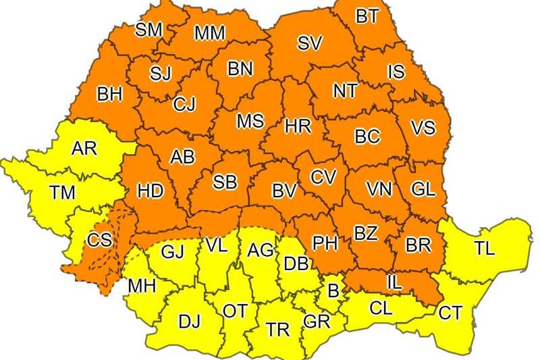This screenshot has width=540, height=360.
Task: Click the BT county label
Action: [x=367, y=17]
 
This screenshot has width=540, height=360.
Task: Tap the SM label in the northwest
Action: [x=149, y=29]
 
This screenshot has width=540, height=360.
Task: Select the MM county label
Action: [x=209, y=33]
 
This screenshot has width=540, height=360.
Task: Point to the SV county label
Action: [x=310, y=43]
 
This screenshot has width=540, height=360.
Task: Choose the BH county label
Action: [x=110, y=94]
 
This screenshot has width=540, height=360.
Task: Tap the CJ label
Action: [x=184, y=105]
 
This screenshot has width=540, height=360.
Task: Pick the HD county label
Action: [x=151, y=191]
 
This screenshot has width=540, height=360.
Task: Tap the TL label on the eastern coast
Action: [x=484, y=248]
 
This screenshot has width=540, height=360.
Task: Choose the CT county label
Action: [x=450, y=313]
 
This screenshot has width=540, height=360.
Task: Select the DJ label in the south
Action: [x=190, y=322]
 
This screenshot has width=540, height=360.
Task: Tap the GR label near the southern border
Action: [x=316, y=322]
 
